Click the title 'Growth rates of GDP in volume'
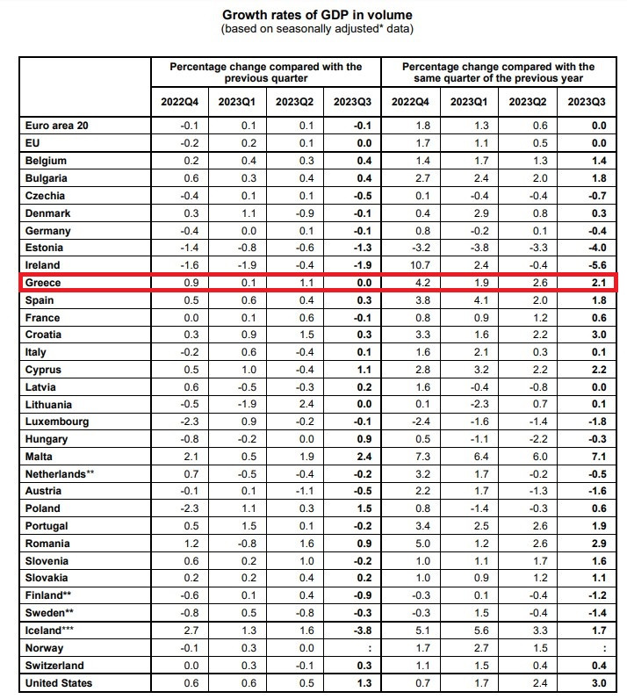[x=317, y=15]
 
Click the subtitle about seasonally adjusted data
[x=317, y=29]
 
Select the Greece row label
[x=43, y=283]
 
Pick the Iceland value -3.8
[x=362, y=631]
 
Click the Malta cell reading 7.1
[x=599, y=457]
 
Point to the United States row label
[x=59, y=683]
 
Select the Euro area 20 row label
[x=56, y=126]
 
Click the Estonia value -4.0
[x=597, y=248]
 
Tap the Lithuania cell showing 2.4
[x=306, y=404]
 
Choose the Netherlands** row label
[x=60, y=474]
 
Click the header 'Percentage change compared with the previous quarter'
[x=266, y=72]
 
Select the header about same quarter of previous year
[x=498, y=72]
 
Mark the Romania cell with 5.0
[x=422, y=544]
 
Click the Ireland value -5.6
[x=597, y=265]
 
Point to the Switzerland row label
[x=54, y=666]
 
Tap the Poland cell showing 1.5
[x=364, y=508]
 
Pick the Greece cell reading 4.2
[x=422, y=283]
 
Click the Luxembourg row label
[x=57, y=422]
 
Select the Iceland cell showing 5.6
[x=481, y=631]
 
